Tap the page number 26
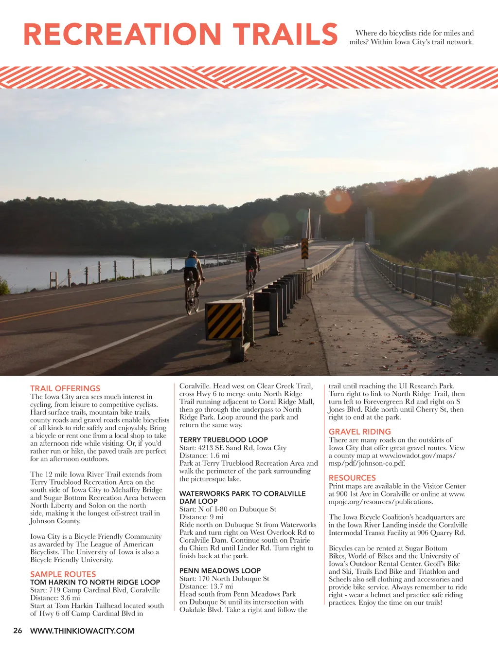tap(18, 631)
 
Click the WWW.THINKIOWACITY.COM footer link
tap(82, 631)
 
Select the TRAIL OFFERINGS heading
tap(65, 388)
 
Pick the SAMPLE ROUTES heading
tap(63, 574)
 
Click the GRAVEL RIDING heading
tap(360, 432)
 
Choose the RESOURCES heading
tap(352, 478)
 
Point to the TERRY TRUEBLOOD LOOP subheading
tap(224, 439)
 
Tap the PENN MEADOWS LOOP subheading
tap(220, 570)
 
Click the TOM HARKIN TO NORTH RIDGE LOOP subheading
tap(95, 582)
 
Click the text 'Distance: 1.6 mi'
tap(204, 456)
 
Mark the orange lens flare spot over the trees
tap(338, 202)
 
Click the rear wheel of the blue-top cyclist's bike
tap(189, 304)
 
